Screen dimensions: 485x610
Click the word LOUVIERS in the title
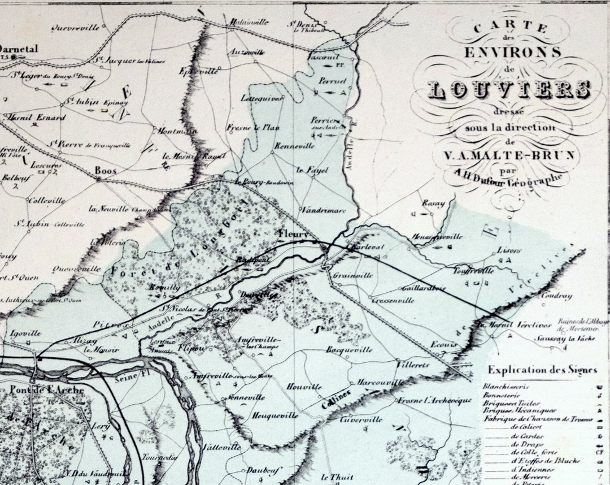click(509, 89)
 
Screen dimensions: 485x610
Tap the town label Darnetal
click(19, 49)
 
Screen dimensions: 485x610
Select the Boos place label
click(105, 170)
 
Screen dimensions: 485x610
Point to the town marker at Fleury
click(324, 248)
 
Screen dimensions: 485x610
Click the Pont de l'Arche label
click(46, 389)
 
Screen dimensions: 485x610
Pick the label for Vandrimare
click(323, 210)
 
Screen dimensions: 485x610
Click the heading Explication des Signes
click(542, 370)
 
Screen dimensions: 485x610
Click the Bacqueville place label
click(349, 350)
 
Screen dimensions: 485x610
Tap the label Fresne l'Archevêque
click(434, 400)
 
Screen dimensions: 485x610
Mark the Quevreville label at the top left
click(75, 27)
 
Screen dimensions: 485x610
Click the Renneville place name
click(294, 146)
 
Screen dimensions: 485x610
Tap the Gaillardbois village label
click(425, 288)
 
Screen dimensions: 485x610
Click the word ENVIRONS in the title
click(513, 53)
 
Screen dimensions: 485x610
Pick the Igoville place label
click(25, 334)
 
